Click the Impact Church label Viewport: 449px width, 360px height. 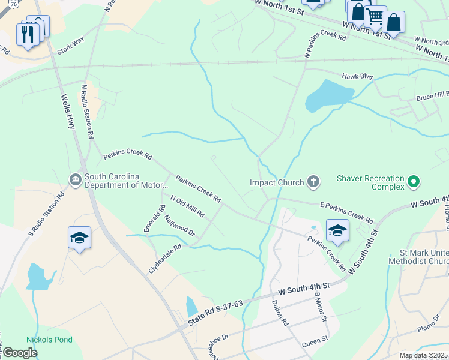(276, 182)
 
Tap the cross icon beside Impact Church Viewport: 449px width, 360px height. (313, 181)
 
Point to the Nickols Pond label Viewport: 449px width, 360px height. (49, 340)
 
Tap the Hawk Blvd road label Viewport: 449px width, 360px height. (357, 77)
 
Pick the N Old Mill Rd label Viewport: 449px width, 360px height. (187, 206)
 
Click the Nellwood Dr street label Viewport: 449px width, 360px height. (179, 225)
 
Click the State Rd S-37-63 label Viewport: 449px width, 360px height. (215, 313)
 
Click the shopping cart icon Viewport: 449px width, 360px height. (375, 17)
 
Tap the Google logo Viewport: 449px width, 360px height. (19, 352)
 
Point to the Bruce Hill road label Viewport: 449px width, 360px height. (432, 96)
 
